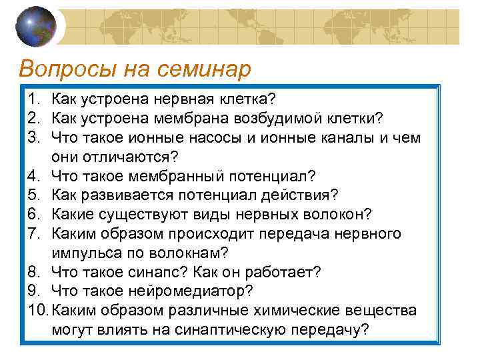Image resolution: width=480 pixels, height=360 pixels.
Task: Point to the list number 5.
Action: (33, 195)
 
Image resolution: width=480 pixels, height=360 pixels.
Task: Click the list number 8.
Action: (33, 272)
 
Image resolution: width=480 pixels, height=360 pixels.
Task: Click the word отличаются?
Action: (130, 157)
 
